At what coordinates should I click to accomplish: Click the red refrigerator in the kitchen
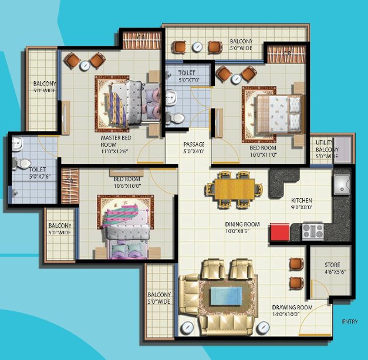pos(279,232)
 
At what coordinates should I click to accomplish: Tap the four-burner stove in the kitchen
pos(313,231)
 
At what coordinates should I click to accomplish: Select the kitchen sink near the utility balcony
pos(342,184)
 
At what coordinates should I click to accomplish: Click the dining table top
pos(235,189)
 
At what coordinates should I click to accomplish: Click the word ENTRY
pos(350,322)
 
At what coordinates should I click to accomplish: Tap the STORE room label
pos(332,265)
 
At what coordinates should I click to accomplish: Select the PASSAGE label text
pos(194,144)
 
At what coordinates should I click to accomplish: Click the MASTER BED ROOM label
pos(116,141)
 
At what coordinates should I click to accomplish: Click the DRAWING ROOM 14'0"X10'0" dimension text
pos(286,314)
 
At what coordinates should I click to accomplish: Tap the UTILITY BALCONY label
pos(327,146)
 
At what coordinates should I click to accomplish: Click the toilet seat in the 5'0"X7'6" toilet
pos(22,163)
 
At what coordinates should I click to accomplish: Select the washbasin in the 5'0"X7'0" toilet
pos(171,97)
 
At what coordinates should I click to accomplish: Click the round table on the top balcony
pos(197,47)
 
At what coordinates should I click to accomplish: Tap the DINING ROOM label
pos(242,224)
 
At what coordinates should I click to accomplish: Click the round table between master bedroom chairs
pos(85,66)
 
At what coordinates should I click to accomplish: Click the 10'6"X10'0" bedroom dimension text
pos(128,186)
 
